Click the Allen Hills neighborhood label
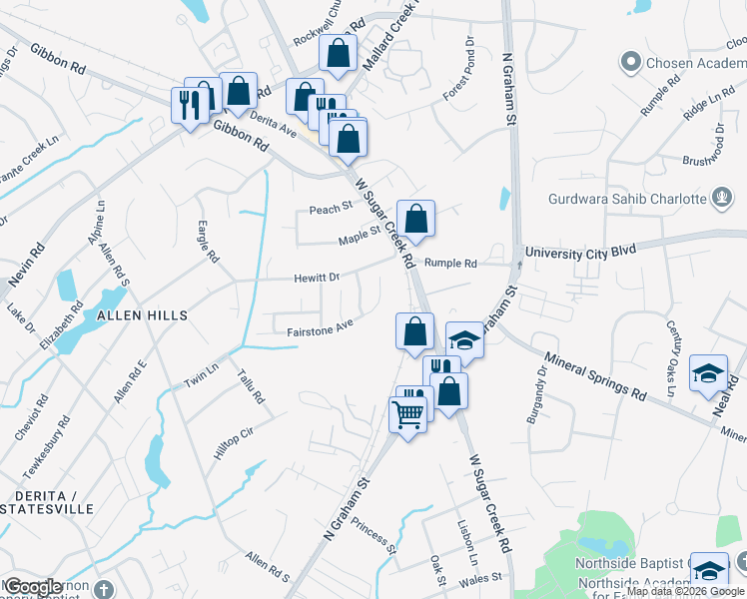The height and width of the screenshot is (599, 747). click(142, 314)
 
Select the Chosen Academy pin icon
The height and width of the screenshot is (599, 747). click(630, 63)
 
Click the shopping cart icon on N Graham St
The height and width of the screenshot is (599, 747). click(408, 412)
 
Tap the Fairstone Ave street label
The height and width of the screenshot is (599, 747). click(320, 325)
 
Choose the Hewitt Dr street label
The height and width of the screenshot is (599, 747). click(317, 278)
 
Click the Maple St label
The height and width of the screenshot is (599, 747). click(359, 236)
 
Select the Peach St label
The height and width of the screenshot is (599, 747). click(332, 209)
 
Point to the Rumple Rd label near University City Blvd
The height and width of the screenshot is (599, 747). click(450, 264)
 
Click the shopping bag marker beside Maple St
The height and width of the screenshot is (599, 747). click(415, 218)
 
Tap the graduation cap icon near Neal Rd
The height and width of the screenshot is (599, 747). click(709, 373)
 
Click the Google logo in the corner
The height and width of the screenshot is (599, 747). click(34, 587)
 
